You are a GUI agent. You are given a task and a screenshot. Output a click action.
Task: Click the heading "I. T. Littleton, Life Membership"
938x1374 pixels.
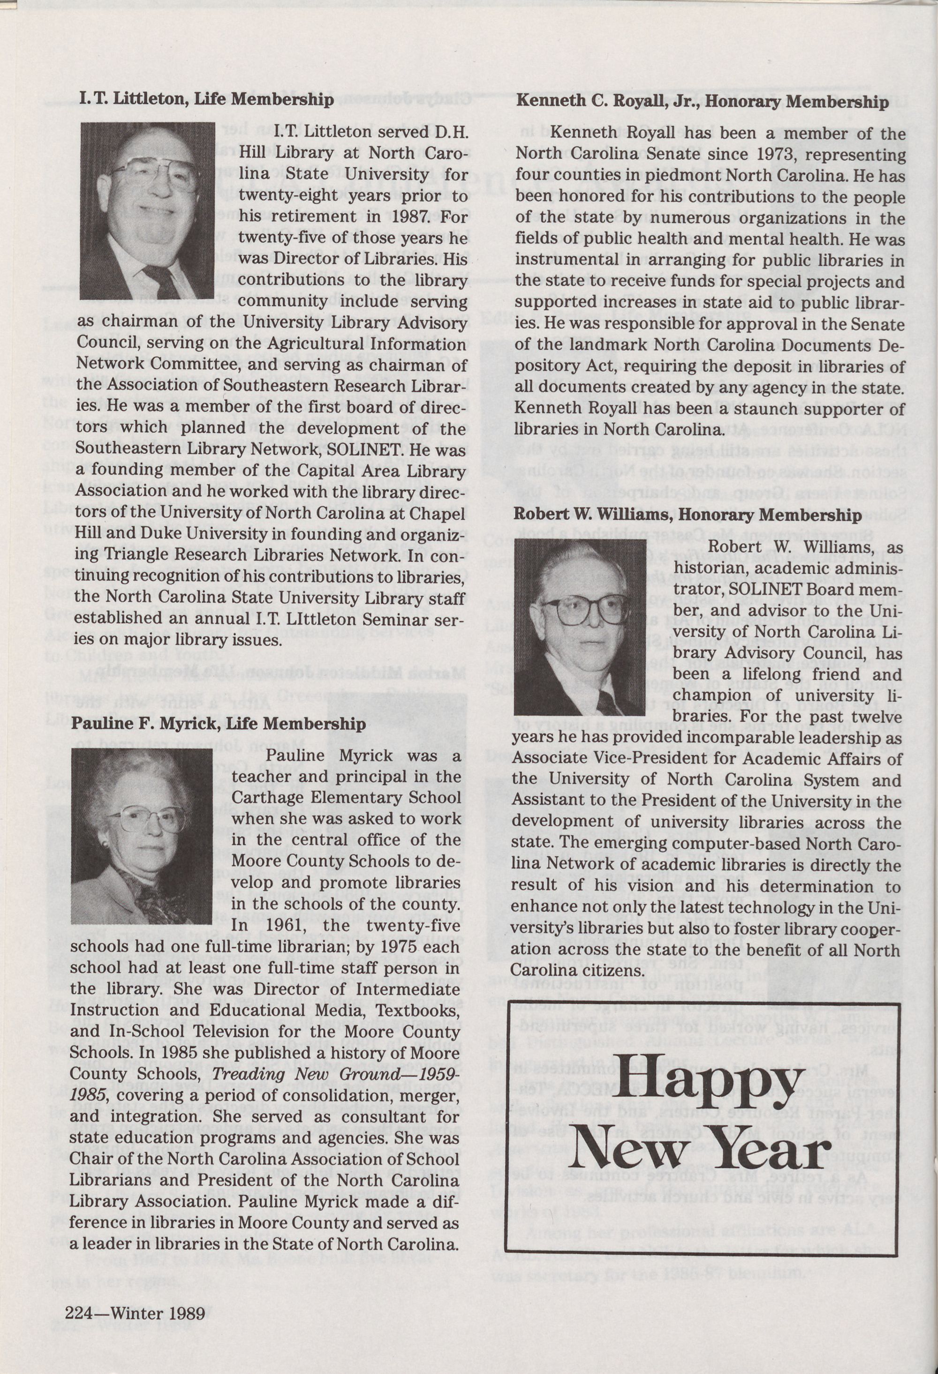point(206,99)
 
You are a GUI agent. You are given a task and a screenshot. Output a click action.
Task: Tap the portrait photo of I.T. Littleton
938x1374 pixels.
point(147,210)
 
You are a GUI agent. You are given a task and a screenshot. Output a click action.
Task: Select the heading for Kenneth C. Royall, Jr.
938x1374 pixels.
point(702,102)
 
